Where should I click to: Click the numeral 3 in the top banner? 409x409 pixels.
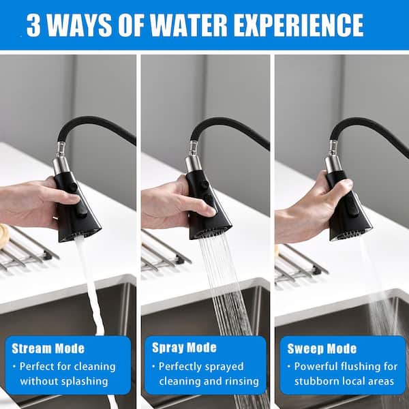click(33, 26)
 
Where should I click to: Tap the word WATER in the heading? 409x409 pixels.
click(189, 26)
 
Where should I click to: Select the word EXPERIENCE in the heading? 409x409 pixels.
click(299, 26)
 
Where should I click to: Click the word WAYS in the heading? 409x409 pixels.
click(79, 26)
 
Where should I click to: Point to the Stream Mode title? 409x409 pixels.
click(48, 348)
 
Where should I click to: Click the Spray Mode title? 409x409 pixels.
click(184, 348)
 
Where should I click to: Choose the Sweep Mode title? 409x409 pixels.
click(322, 349)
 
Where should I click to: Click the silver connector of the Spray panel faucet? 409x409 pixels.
click(194, 157)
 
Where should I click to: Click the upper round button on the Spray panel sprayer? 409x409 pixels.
click(204, 185)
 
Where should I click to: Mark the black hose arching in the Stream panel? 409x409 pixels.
click(94, 125)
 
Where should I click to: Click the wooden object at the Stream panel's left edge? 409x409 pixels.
click(3, 237)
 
